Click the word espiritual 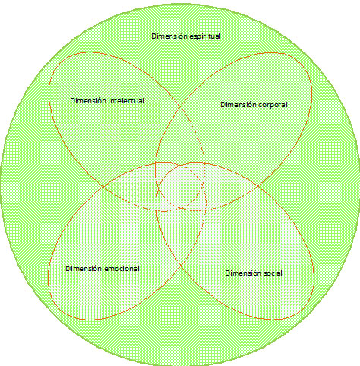[205, 36]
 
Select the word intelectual [126, 101]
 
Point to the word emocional [122, 269]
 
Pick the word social [273, 273]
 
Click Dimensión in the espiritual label [169, 36]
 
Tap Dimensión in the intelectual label [88, 101]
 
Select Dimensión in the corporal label [238, 105]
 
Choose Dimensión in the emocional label [84, 269]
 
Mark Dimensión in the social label [243, 273]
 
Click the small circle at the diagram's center [180, 187]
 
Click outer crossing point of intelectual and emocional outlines [103, 187]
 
